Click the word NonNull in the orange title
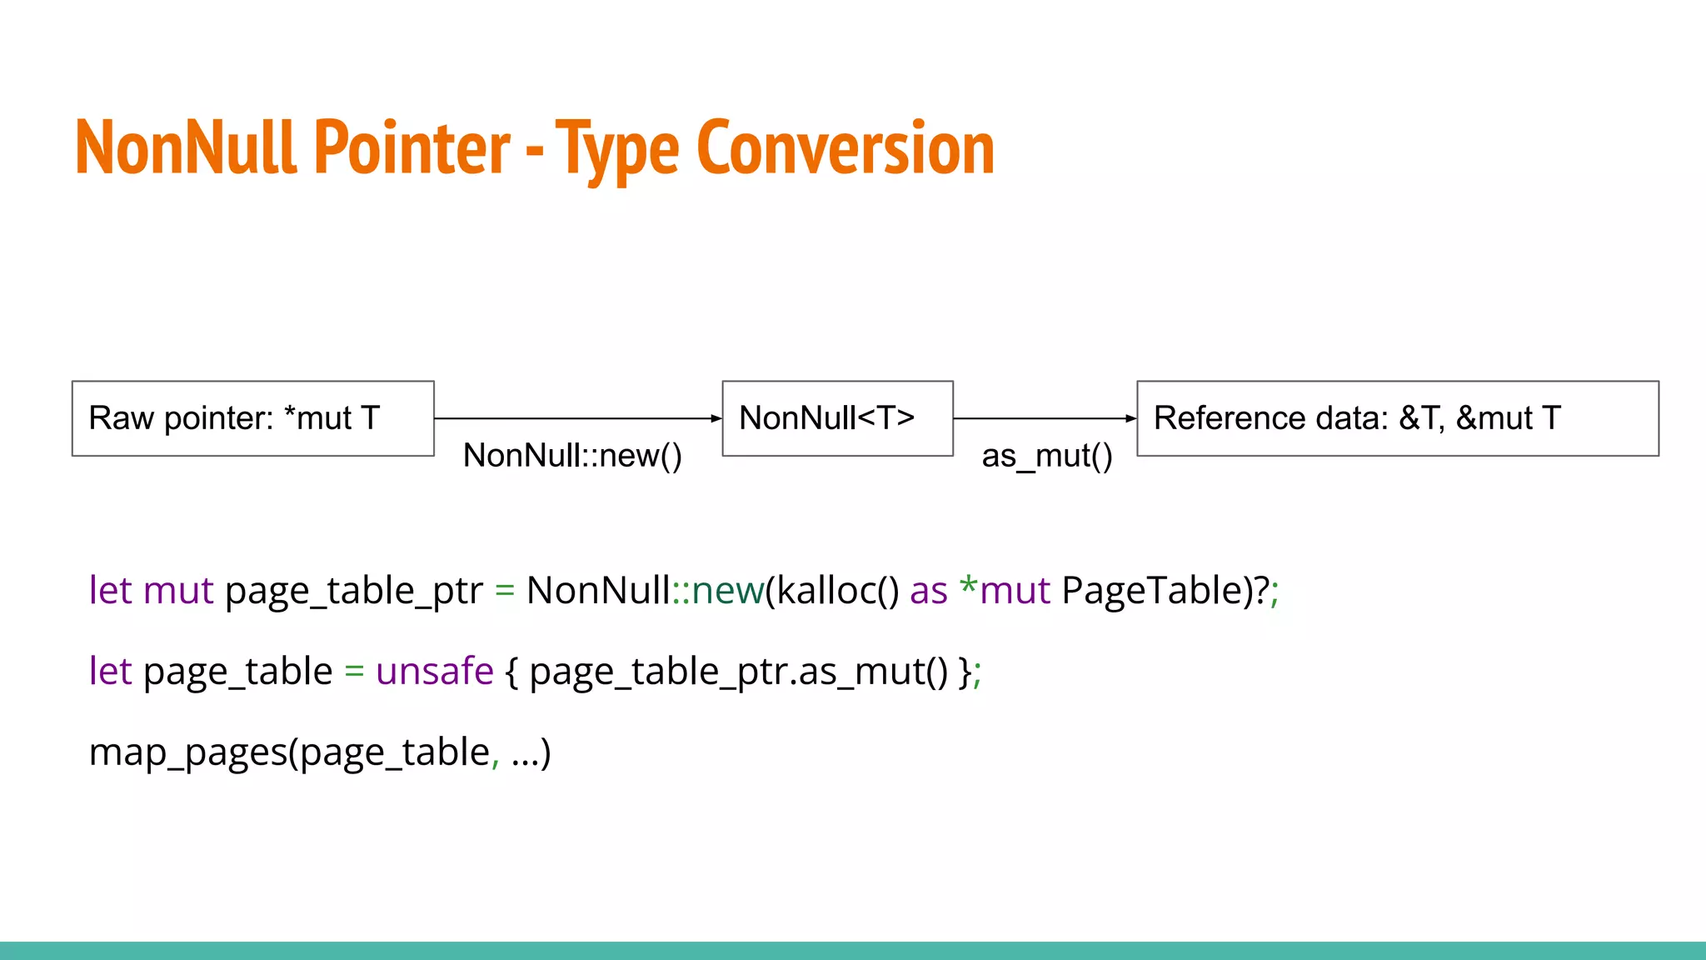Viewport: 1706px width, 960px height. click(x=186, y=147)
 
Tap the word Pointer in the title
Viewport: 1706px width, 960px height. click(x=412, y=147)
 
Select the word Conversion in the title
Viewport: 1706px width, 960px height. click(x=845, y=147)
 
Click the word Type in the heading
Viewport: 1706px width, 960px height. click(x=617, y=151)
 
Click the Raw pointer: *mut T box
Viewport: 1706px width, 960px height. click(x=252, y=418)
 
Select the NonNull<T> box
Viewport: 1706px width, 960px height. click(x=837, y=418)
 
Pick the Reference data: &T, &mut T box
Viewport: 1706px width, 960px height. click(x=1397, y=418)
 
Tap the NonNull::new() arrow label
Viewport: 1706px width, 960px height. click(x=572, y=456)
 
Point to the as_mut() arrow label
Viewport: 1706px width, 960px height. click(x=1046, y=457)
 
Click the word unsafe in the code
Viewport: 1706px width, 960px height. click(x=435, y=671)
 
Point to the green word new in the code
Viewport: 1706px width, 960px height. click(x=727, y=590)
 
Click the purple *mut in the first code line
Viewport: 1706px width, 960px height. click(x=1005, y=590)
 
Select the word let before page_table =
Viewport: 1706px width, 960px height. click(x=110, y=671)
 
